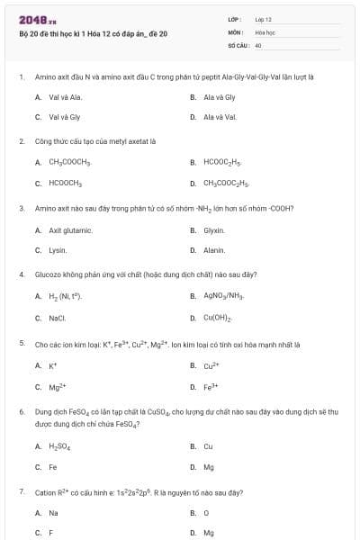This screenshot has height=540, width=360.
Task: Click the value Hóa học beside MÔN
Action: point(265,31)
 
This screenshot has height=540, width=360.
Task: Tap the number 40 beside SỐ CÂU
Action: point(258,43)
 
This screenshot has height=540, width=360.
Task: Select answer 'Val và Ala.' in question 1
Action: point(65,96)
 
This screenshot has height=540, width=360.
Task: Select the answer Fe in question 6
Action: point(52,466)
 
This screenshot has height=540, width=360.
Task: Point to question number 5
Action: point(22,344)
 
